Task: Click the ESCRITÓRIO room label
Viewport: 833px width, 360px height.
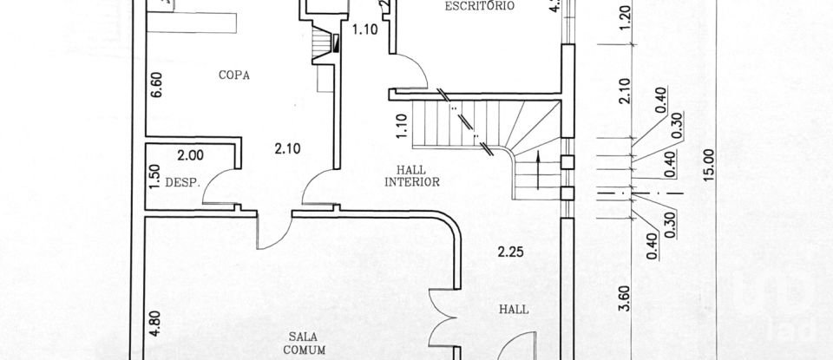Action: click(x=480, y=6)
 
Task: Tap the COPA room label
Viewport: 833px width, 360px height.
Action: click(x=234, y=75)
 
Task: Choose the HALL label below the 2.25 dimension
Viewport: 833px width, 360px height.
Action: click(x=513, y=309)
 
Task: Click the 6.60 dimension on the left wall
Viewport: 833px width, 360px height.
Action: click(x=156, y=86)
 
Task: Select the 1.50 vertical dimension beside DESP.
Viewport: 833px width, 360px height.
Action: click(x=155, y=176)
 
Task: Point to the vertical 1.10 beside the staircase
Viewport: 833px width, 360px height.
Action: click(x=400, y=128)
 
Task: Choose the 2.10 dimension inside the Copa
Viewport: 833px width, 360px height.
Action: click(x=287, y=148)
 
